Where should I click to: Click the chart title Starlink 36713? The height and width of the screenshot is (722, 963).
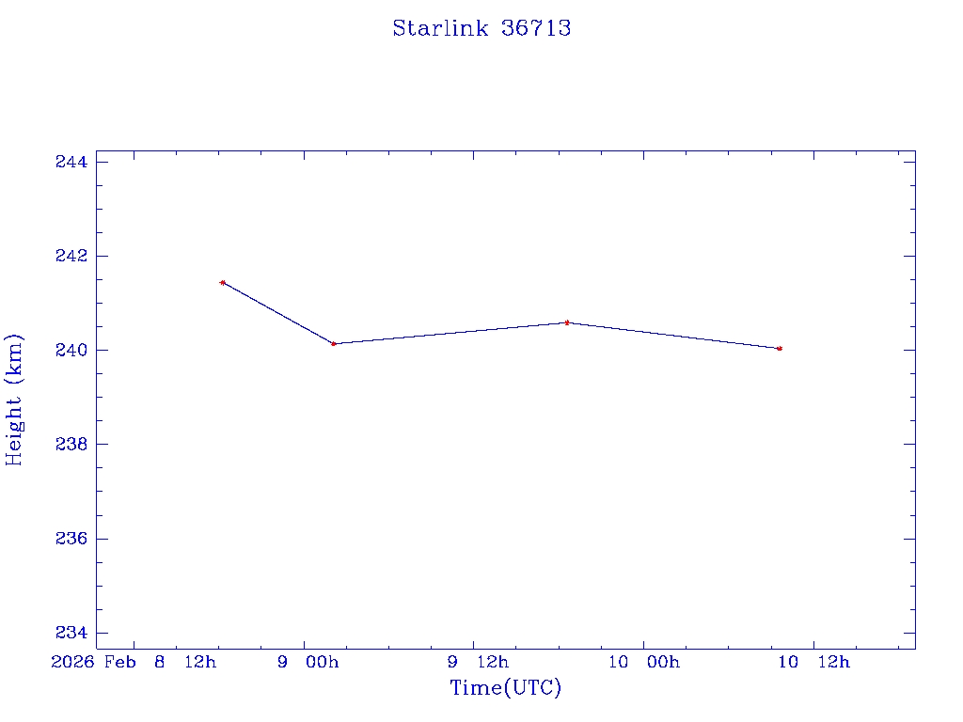[x=481, y=28]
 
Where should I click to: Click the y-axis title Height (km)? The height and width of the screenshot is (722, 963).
[x=14, y=400]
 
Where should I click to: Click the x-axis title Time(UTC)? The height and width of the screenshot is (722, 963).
[x=505, y=688]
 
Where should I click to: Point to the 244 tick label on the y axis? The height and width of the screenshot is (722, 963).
[x=71, y=163]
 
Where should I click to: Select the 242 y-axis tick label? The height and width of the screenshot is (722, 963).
[x=71, y=257]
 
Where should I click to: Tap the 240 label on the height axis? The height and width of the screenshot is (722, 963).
[x=71, y=351]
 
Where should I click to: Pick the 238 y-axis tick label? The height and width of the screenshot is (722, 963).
[x=71, y=445]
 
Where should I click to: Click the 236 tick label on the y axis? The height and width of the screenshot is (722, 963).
[x=71, y=539]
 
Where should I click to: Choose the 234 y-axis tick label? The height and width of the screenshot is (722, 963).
[x=71, y=633]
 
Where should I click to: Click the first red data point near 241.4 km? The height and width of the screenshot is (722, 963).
[x=222, y=282]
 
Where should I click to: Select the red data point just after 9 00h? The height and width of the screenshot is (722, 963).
[x=334, y=344]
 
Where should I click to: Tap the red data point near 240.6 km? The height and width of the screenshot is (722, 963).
[x=567, y=322]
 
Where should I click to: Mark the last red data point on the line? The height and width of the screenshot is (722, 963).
[x=780, y=349]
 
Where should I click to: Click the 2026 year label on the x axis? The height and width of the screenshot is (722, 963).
[x=73, y=663]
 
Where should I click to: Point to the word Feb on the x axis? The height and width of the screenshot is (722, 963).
[x=120, y=663]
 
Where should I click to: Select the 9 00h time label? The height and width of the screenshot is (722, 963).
[x=308, y=663]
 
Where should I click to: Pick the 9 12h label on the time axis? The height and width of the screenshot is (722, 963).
[x=478, y=663]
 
